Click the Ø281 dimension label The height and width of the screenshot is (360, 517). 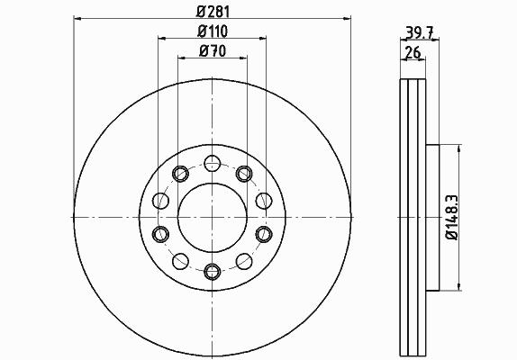[213, 13]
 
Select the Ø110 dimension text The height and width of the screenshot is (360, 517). [213, 31]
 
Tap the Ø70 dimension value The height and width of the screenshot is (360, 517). [213, 51]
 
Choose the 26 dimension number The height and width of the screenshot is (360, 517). [413, 53]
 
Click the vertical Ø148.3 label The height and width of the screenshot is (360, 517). [452, 218]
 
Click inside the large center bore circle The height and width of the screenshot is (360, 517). [213, 218]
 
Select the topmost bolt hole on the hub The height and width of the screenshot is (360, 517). [212, 164]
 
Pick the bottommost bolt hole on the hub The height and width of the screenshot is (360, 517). [212, 272]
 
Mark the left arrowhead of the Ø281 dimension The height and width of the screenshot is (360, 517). [77, 18]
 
